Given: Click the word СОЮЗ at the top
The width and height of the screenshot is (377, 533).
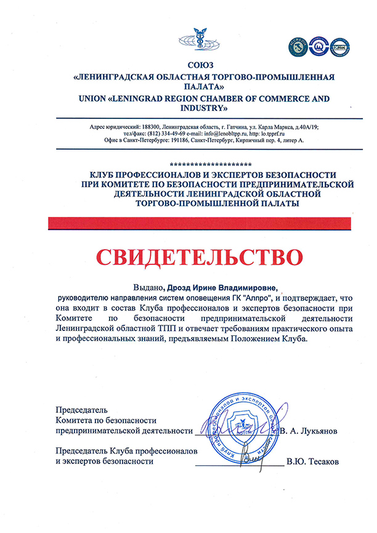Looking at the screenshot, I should (203, 65).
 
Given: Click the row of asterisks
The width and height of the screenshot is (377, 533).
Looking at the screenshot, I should (209, 165).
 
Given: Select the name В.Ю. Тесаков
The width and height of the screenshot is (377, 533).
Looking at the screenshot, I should (312, 461).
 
